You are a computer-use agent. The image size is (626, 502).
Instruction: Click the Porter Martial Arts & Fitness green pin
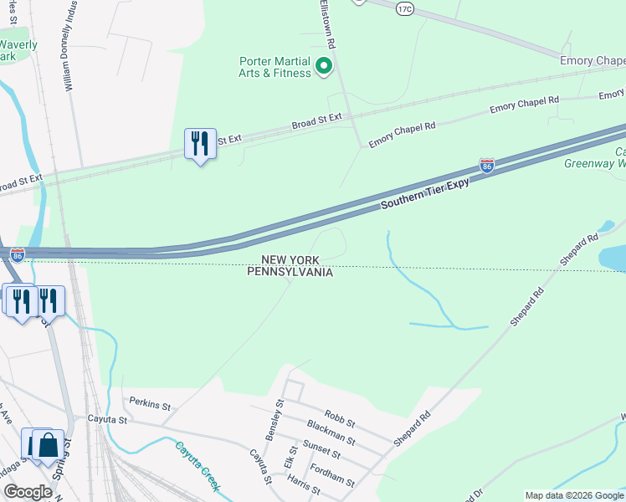324,64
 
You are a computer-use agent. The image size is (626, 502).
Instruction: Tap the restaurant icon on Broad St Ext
200,144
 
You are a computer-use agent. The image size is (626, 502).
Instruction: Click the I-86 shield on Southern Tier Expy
486,166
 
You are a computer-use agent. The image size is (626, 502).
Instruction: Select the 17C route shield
405,9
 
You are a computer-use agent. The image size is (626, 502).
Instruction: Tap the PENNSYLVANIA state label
290,272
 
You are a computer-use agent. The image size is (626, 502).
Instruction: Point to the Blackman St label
331,435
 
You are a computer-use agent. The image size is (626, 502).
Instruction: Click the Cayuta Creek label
198,465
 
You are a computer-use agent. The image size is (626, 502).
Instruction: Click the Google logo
27,492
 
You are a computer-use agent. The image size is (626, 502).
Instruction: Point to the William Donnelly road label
69,46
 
